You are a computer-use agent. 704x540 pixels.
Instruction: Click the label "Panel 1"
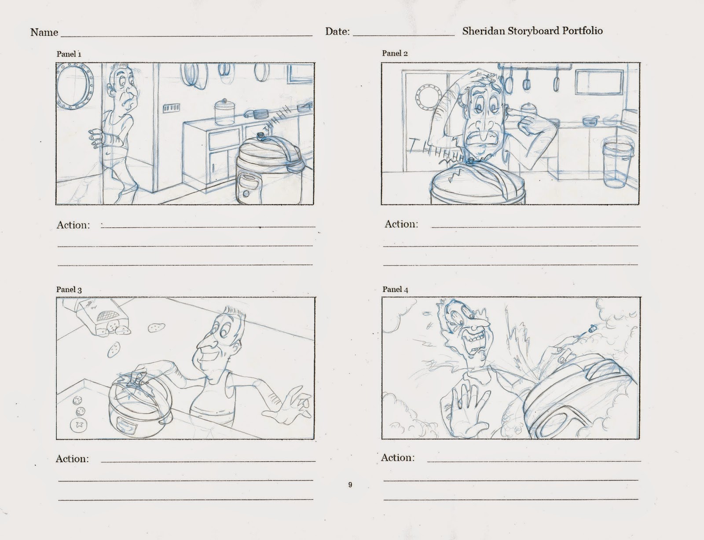click(69, 54)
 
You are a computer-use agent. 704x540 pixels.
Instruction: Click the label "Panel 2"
click(395, 53)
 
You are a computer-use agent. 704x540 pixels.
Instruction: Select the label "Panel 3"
click(69, 290)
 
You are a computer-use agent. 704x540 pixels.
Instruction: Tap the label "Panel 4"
click(395, 289)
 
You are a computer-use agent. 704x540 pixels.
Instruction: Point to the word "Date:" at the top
click(337, 31)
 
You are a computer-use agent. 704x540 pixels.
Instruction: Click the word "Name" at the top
click(44, 32)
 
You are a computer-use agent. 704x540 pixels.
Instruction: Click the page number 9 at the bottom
click(350, 485)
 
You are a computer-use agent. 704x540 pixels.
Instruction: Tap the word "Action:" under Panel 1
click(73, 225)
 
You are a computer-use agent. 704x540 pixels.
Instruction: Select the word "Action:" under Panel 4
click(398, 458)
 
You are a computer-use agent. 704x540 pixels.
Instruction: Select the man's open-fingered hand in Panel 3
click(286, 407)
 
